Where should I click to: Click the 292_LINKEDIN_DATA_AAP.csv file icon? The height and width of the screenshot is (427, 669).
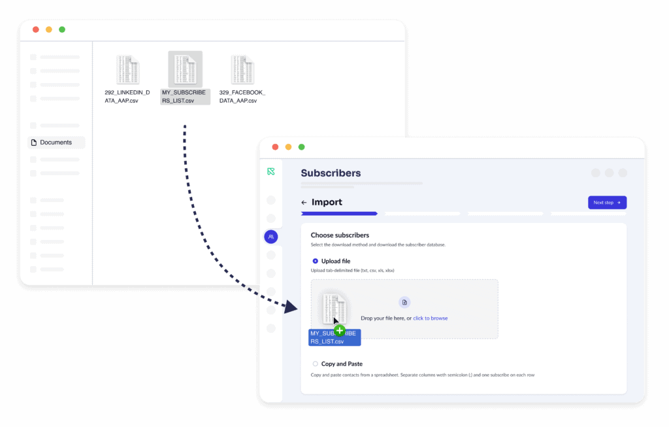(x=127, y=69)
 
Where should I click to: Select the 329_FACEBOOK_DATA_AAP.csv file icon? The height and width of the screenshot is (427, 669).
(x=242, y=69)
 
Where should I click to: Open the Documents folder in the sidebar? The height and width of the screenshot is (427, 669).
(x=56, y=143)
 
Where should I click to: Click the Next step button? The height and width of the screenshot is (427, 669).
(x=607, y=203)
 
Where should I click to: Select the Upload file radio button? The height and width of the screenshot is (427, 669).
(x=316, y=261)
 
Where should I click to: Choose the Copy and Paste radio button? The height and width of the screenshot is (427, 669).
(x=316, y=364)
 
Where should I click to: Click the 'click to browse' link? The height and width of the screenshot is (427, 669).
(x=430, y=318)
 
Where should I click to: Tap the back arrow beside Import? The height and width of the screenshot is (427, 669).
(x=304, y=203)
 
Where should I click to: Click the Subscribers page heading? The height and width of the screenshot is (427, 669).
(x=331, y=173)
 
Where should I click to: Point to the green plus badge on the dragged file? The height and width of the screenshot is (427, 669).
(x=340, y=330)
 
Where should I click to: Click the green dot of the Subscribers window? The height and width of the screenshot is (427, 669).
(x=301, y=147)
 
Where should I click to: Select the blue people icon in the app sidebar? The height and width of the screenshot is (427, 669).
(x=271, y=237)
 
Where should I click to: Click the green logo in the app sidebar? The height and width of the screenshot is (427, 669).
(x=271, y=171)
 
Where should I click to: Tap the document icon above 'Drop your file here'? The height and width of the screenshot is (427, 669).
(x=404, y=302)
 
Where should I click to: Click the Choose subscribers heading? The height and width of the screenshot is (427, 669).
(x=340, y=235)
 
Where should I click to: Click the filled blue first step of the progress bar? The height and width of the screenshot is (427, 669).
(x=339, y=213)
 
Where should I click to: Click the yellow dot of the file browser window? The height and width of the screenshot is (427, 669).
(x=49, y=29)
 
